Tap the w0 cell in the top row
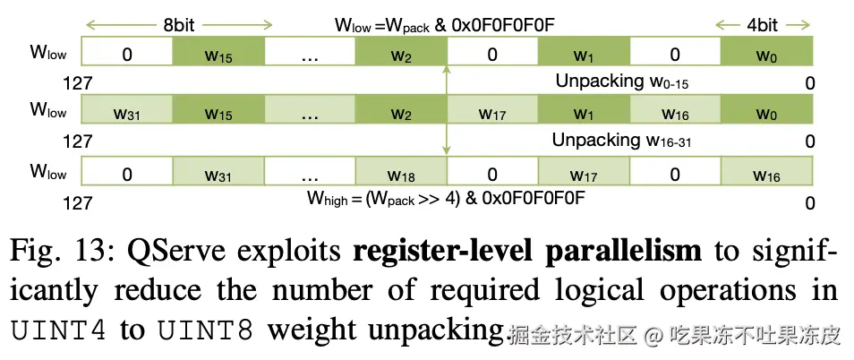(x=766, y=55)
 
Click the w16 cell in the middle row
(x=675, y=114)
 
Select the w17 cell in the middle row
(x=491, y=114)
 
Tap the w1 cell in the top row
(x=583, y=55)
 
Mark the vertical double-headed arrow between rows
(x=446, y=112)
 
